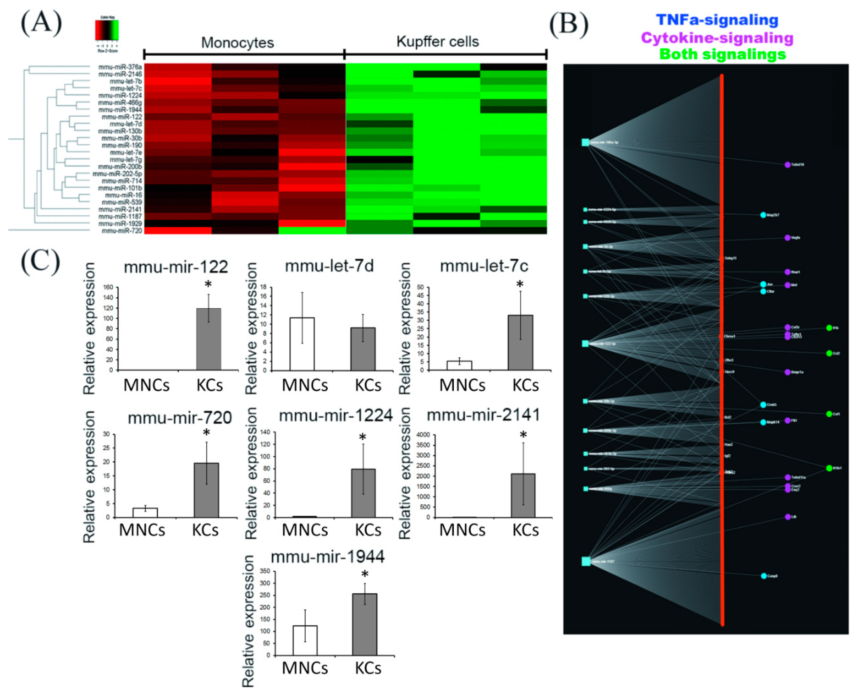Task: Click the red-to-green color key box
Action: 107,30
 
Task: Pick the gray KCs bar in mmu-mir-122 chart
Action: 209,339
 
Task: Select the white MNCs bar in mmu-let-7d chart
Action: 302,344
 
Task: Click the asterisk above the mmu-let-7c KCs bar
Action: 520,285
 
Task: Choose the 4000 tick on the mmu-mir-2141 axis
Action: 423,434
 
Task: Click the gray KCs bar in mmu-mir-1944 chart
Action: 365,624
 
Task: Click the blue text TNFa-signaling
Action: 717,20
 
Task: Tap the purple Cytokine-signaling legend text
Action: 717,38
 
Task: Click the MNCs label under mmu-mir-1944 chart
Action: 305,668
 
